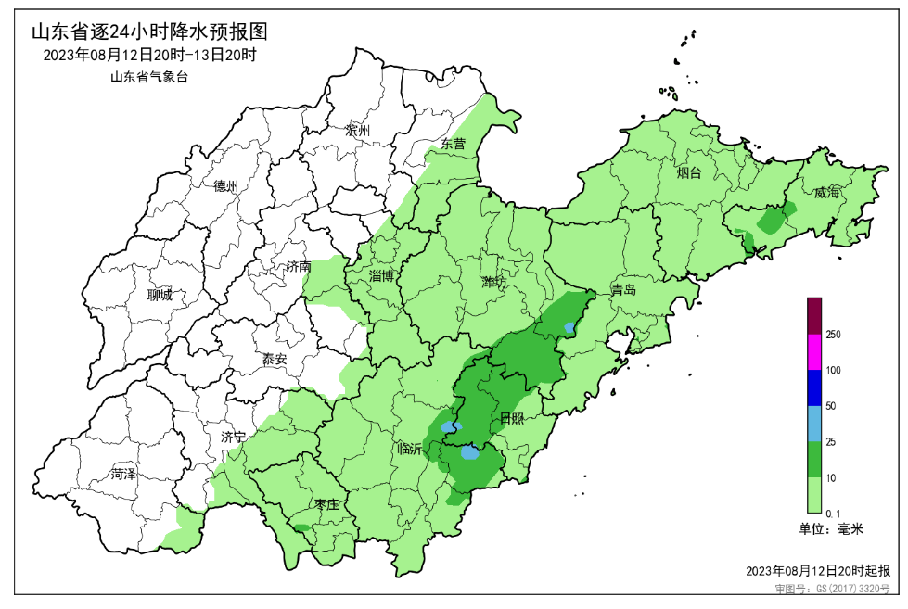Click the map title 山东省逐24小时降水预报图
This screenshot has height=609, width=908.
tap(149, 32)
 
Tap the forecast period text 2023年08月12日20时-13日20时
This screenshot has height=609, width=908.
tap(149, 56)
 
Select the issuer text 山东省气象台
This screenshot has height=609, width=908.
tap(149, 78)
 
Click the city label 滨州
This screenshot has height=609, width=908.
tap(357, 131)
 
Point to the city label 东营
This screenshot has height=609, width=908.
tap(454, 145)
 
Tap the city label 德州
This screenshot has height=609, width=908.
tap(225, 186)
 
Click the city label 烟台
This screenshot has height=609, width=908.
tap(689, 172)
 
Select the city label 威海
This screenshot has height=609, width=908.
tap(827, 193)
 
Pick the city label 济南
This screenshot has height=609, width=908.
tap(298, 267)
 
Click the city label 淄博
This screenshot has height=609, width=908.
tap(382, 276)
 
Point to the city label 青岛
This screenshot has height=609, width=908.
tap(623, 290)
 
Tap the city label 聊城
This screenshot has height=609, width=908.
tap(160, 296)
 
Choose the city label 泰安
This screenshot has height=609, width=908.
tap(275, 359)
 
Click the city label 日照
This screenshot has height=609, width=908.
tap(512, 419)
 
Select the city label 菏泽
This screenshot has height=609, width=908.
tap(123, 475)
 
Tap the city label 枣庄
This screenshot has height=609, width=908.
tap(326, 505)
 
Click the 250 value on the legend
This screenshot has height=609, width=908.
tap(833, 335)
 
